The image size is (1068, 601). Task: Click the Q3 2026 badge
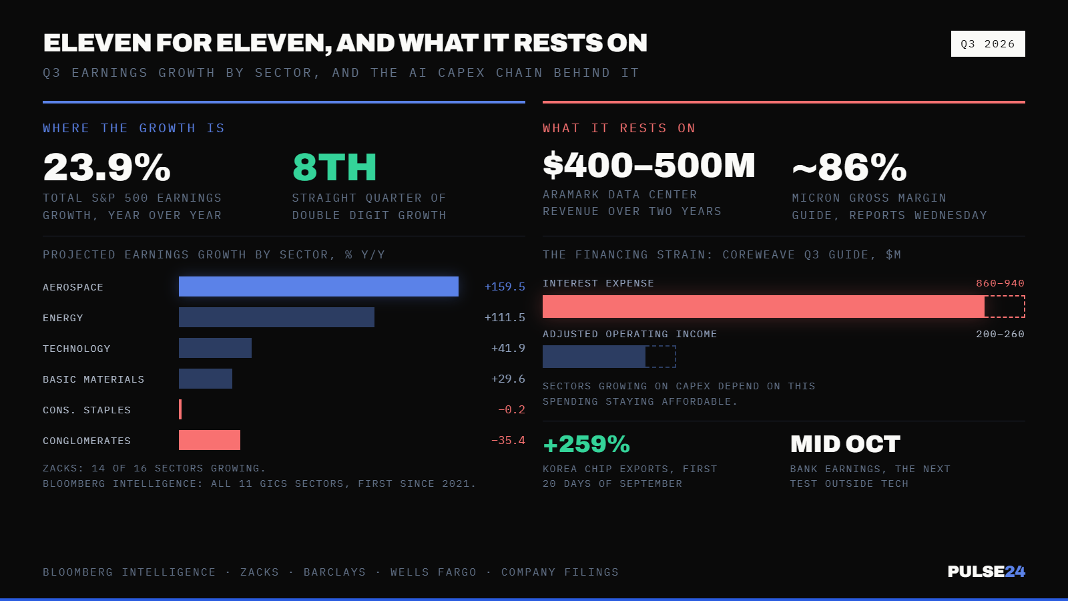[x=988, y=44]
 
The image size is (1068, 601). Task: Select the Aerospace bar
[x=318, y=286]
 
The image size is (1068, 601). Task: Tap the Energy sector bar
[x=276, y=317]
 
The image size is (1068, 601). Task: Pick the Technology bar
[x=215, y=348]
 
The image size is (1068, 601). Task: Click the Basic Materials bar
[x=206, y=379]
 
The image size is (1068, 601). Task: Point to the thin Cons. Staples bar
[x=180, y=409]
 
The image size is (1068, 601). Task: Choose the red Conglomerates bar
[x=210, y=440]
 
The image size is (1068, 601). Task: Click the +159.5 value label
[x=505, y=286]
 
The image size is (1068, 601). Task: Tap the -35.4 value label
[x=508, y=440]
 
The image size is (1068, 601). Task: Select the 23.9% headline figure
[x=107, y=168]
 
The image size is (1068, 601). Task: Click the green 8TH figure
[x=334, y=168]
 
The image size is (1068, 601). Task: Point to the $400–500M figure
[x=649, y=166]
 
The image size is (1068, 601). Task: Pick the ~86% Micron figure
[x=849, y=168]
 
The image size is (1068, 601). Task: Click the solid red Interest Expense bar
[x=764, y=307]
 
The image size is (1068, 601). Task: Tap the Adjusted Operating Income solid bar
[x=594, y=357]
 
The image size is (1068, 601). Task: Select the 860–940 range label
[x=1001, y=283]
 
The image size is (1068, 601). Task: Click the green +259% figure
[x=587, y=444]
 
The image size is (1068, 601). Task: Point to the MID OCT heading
[x=845, y=444]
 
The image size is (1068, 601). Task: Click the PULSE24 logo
[x=986, y=572]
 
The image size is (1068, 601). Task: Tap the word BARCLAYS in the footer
[x=334, y=572]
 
